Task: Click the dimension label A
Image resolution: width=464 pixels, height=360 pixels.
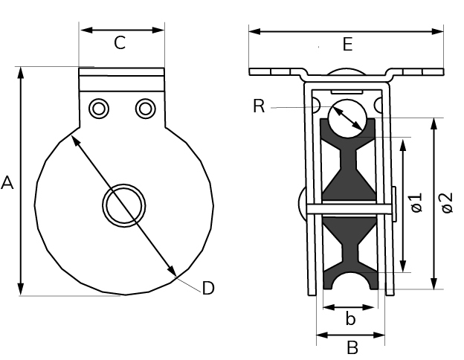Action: pyautogui.click(x=7, y=183)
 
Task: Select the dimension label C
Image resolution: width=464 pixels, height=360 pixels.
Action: pyautogui.click(x=120, y=42)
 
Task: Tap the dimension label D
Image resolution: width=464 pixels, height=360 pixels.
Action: pyautogui.click(x=208, y=288)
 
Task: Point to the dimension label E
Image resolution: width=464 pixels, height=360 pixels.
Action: pyautogui.click(x=348, y=45)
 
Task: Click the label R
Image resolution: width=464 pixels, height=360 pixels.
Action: pyautogui.click(x=259, y=106)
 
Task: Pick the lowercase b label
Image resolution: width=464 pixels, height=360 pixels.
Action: pyautogui.click(x=350, y=318)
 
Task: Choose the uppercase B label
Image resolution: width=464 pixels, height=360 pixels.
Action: pyautogui.click(x=352, y=347)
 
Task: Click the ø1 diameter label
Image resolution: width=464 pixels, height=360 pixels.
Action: pyautogui.click(x=416, y=202)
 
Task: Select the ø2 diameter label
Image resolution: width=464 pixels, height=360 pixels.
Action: pyautogui.click(x=447, y=202)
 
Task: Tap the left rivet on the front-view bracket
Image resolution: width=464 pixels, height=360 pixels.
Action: pyautogui.click(x=99, y=109)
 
